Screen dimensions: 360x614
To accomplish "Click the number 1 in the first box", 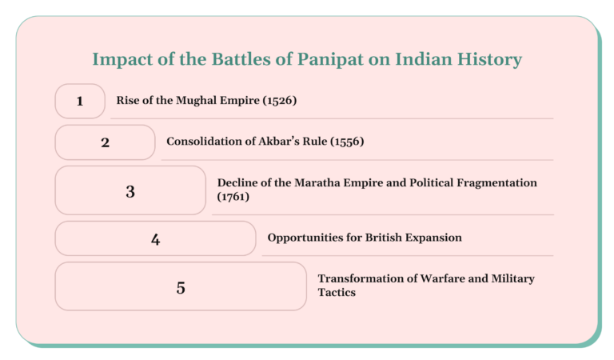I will click(x=80, y=101).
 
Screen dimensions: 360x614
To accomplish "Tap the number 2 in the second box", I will click(x=105, y=142).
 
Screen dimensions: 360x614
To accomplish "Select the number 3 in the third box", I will click(x=130, y=191).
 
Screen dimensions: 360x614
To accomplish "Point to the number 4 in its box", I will click(x=155, y=238).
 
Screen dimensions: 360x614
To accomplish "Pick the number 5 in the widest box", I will click(x=181, y=287).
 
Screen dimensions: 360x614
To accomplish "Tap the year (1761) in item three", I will click(x=233, y=196).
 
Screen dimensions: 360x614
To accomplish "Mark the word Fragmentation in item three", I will click(x=493, y=183).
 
